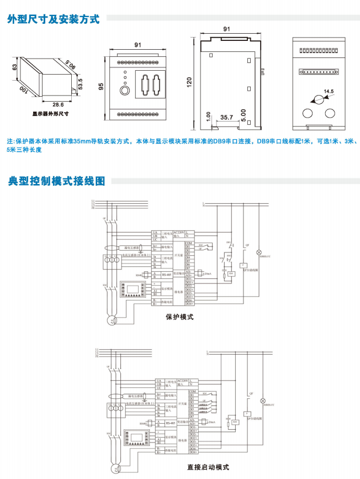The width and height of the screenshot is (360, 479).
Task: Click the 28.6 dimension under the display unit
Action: click(58, 104)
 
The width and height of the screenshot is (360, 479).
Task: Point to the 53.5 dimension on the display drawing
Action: click(80, 83)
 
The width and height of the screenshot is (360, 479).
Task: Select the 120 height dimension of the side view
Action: click(189, 82)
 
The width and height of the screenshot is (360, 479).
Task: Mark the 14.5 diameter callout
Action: click(329, 91)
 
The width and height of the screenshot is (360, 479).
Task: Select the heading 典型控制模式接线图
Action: click(56, 181)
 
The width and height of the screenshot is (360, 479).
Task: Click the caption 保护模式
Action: click(180, 318)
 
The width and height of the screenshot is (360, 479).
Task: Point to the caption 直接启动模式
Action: click(208, 467)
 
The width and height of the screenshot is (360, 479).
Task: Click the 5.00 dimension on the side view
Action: click(243, 112)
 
